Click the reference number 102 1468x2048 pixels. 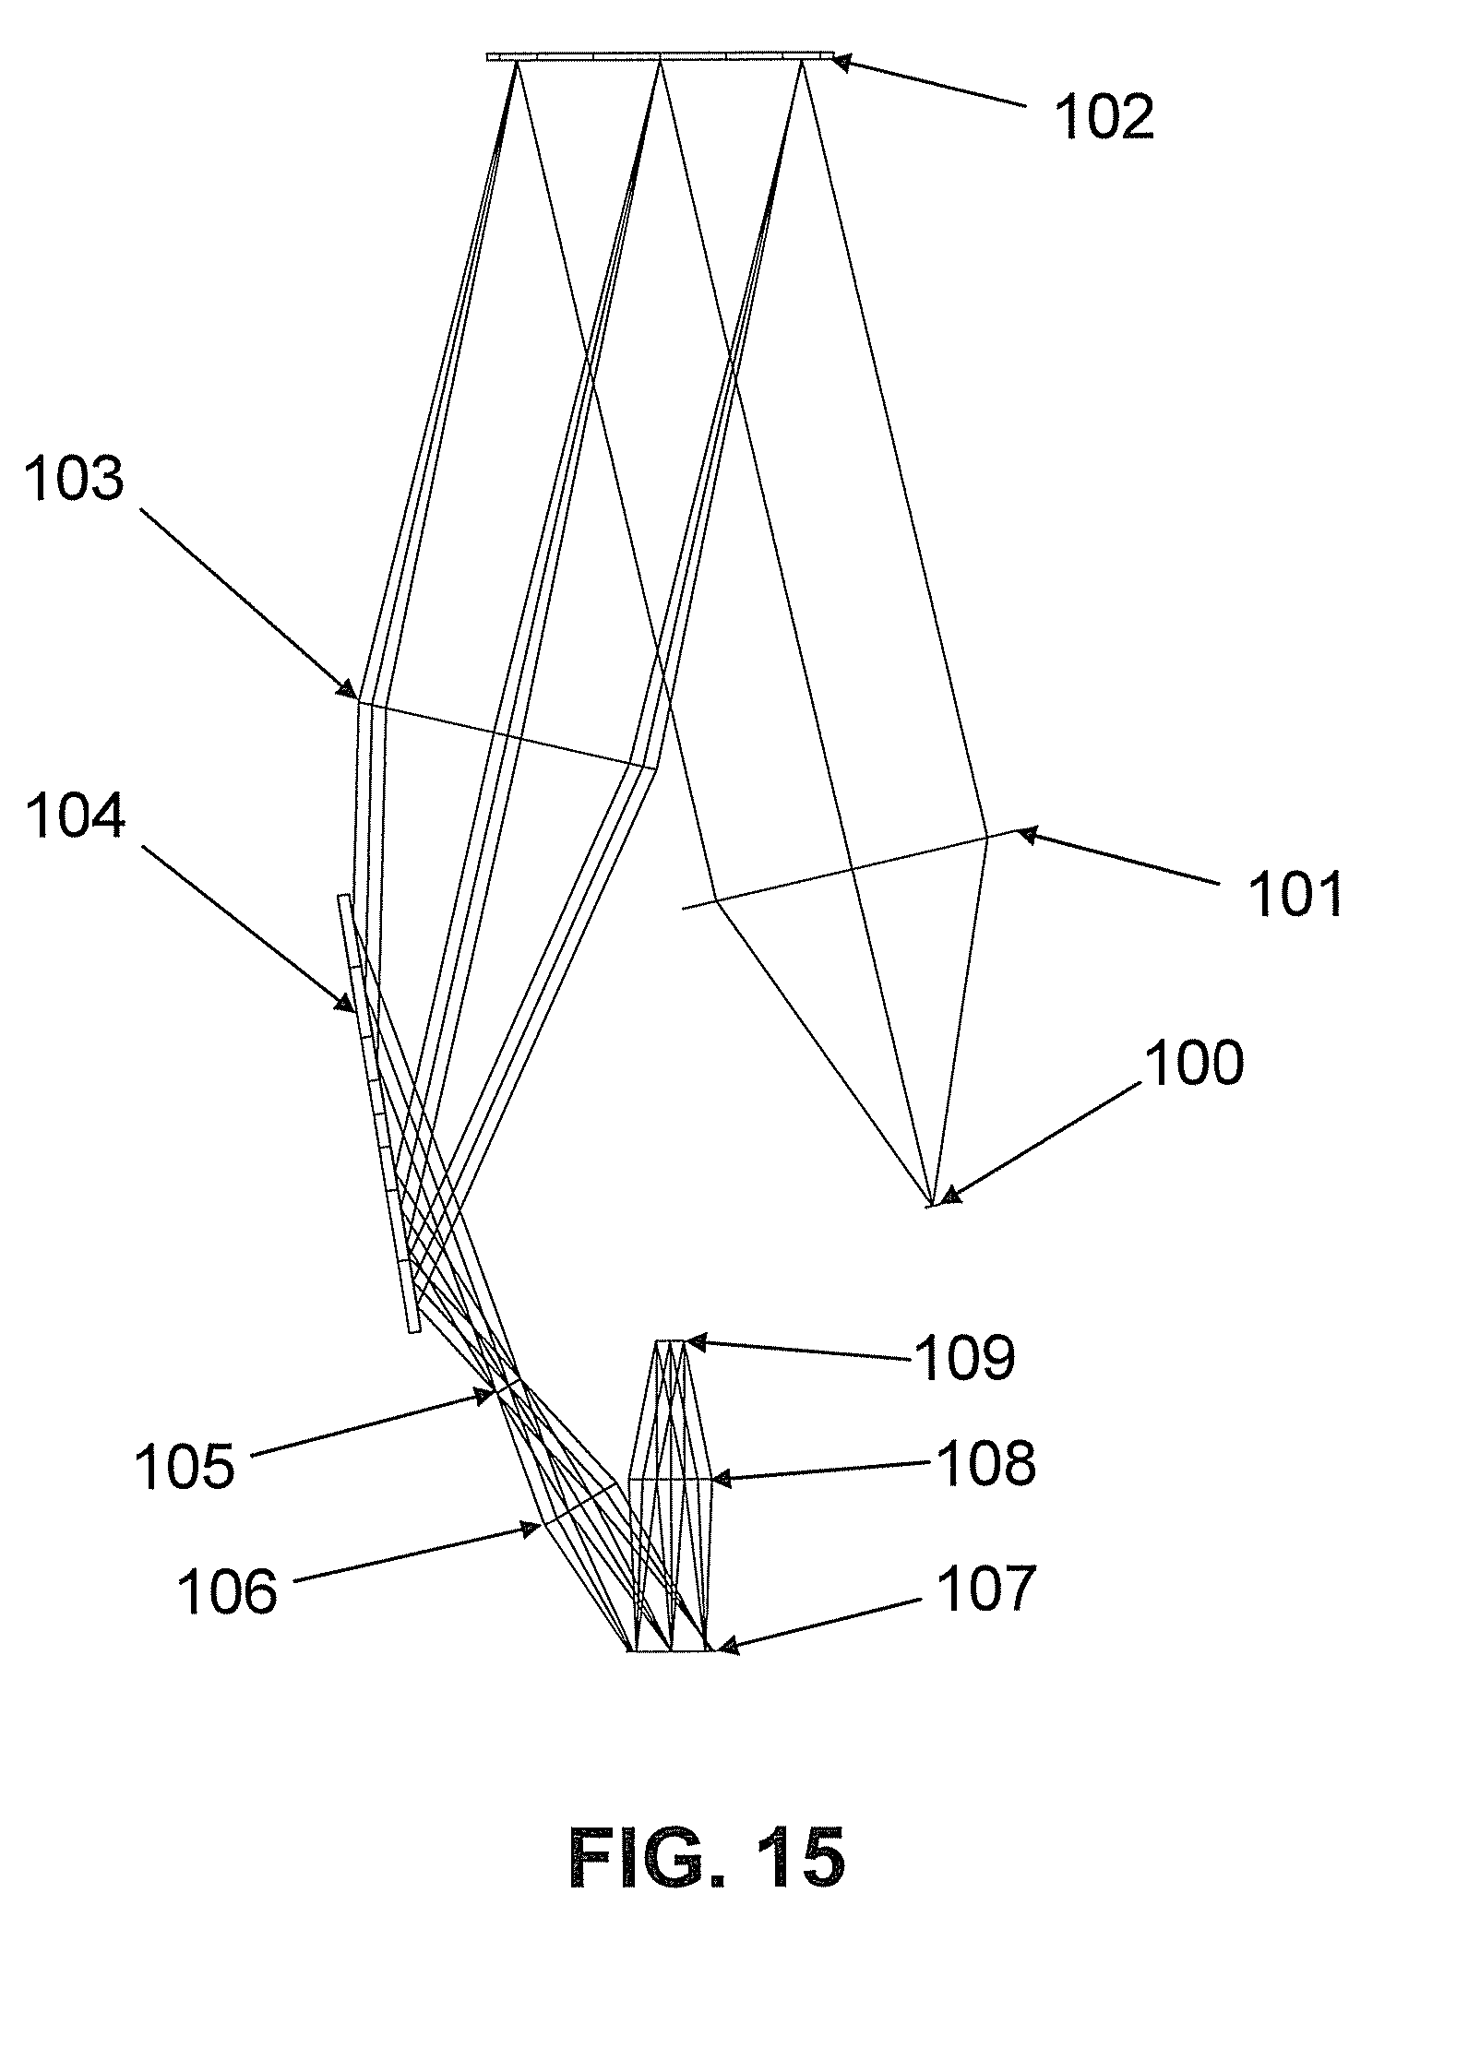click(1104, 119)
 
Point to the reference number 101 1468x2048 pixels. click(1295, 894)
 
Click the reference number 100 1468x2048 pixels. click(1194, 1064)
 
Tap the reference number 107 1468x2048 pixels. click(985, 1589)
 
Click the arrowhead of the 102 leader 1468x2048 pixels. click(837, 62)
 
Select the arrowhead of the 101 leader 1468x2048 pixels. click(1022, 834)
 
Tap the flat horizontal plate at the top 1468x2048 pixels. click(660, 57)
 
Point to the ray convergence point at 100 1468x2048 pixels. click(933, 1204)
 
